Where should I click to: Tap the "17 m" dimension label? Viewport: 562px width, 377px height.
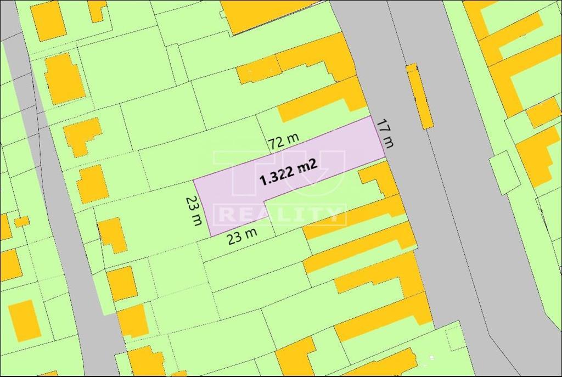click(386, 133)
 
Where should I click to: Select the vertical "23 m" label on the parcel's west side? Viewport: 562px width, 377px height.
click(193, 211)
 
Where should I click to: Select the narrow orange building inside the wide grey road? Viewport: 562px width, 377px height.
click(419, 95)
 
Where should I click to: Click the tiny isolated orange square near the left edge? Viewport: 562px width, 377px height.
click(21, 221)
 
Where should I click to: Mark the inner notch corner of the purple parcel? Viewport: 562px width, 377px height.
click(265, 203)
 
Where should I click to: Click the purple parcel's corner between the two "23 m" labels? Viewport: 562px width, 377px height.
click(212, 237)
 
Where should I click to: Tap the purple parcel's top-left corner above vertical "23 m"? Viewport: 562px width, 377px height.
click(194, 180)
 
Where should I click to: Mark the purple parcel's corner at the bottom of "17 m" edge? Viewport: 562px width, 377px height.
click(385, 160)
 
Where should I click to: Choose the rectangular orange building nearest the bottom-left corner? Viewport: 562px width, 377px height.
click(24, 320)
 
